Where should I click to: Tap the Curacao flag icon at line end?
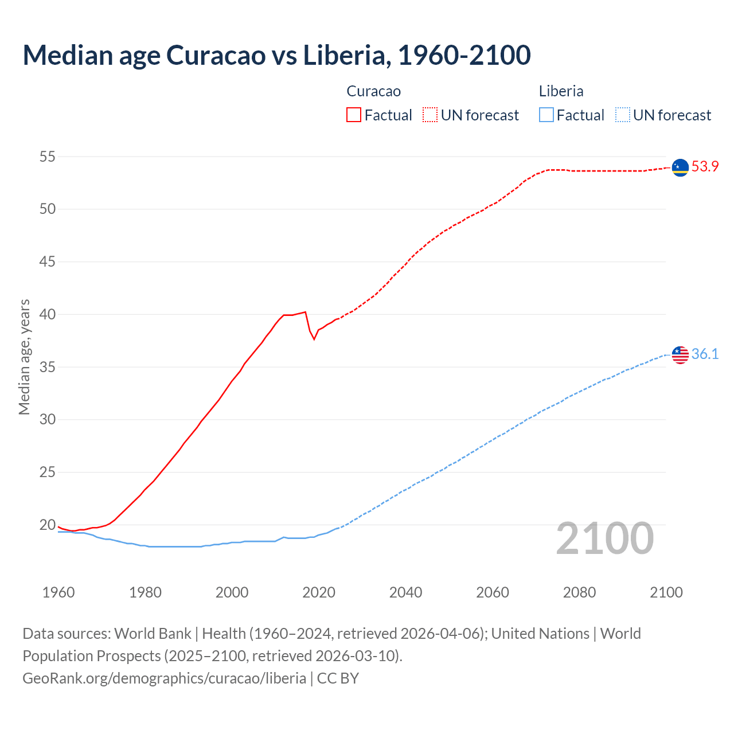pyautogui.click(x=680, y=167)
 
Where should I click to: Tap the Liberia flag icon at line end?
pyautogui.click(x=680, y=354)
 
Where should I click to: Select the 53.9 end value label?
pyautogui.click(x=705, y=167)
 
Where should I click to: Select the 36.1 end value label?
pyautogui.click(x=705, y=354)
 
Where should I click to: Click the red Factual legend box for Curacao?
pyautogui.click(x=354, y=115)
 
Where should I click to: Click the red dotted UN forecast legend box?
pyautogui.click(x=430, y=115)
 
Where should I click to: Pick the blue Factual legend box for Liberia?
pyautogui.click(x=546, y=115)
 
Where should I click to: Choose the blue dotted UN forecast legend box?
pyautogui.click(x=622, y=115)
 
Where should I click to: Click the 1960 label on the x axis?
pyautogui.click(x=58, y=592)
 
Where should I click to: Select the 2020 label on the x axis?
pyautogui.click(x=319, y=592)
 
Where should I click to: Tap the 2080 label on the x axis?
pyautogui.click(x=579, y=592)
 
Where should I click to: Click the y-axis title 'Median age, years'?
pyautogui.click(x=24, y=357)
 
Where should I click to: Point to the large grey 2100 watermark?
pyautogui.click(x=605, y=538)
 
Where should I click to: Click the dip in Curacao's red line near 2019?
pyautogui.click(x=314, y=339)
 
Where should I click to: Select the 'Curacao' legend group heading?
pyautogui.click(x=373, y=91)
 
